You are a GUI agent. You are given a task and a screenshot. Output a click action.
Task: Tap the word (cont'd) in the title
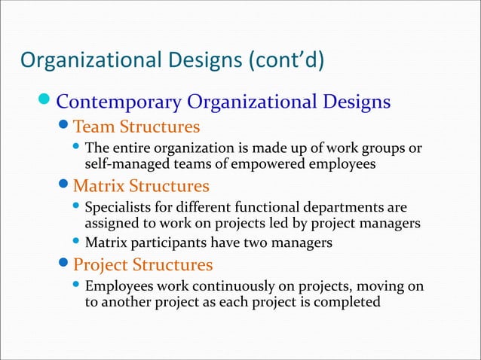(x=280, y=59)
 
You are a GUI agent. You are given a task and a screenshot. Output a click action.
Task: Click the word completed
(x=346, y=303)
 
